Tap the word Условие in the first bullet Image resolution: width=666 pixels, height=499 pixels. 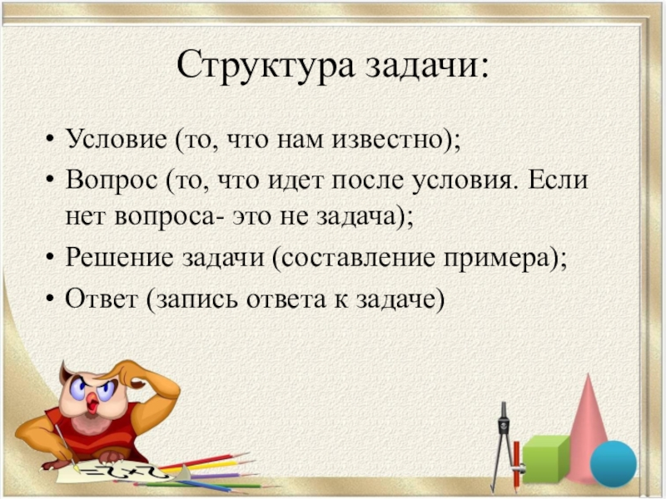click(x=116, y=139)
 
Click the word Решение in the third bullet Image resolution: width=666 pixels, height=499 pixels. click(x=119, y=258)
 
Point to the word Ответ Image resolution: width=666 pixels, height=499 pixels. click(x=102, y=299)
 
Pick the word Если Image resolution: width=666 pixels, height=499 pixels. click(x=558, y=179)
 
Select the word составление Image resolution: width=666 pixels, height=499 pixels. click(x=356, y=258)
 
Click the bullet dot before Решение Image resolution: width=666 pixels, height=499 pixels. click(x=51, y=258)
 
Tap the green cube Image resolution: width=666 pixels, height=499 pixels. click(x=545, y=460)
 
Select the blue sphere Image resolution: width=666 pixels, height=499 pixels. click(x=614, y=463)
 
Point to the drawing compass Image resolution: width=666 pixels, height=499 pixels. click(x=504, y=446)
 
